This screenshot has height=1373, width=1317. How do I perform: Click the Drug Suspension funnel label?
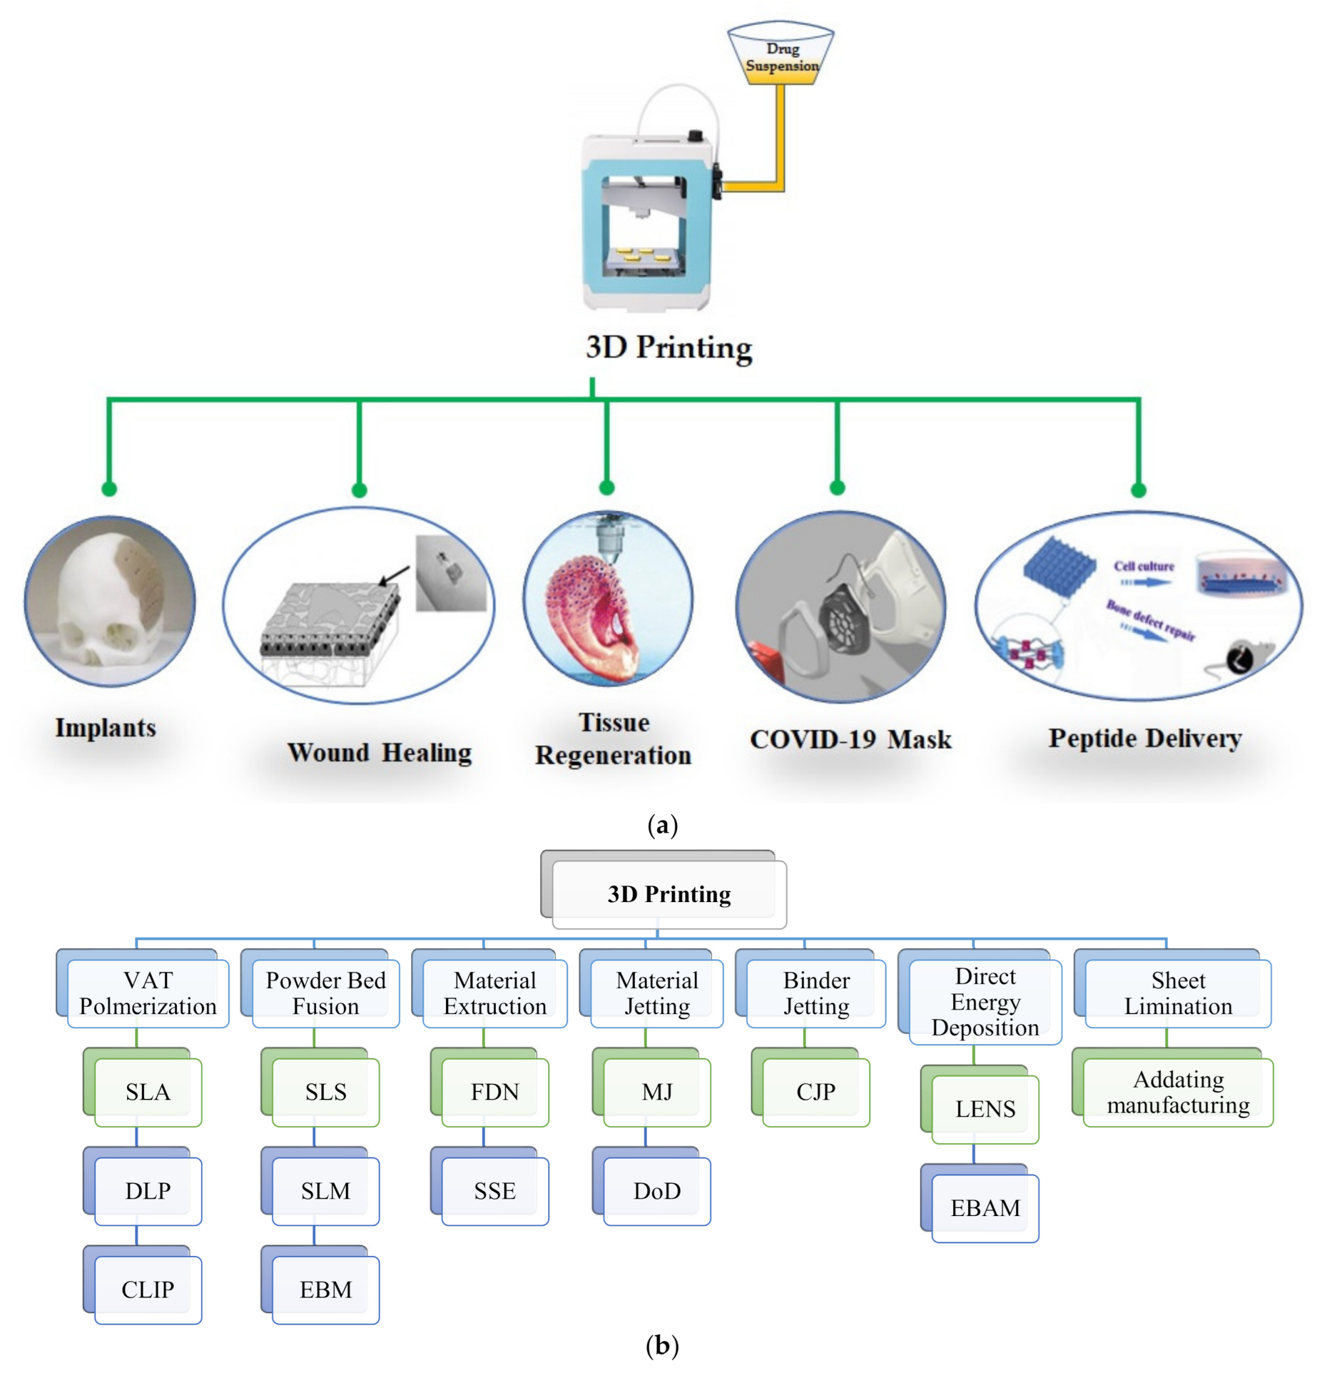click(781, 57)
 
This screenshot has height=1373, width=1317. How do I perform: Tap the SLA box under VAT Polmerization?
click(148, 1091)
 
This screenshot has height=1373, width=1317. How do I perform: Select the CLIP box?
click(148, 1288)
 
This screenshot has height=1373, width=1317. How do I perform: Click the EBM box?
click(325, 1288)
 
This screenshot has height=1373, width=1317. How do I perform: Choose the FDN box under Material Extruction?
click(495, 1091)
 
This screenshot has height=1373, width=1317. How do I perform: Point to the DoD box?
click(657, 1189)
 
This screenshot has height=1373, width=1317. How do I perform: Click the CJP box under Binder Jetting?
click(815, 1091)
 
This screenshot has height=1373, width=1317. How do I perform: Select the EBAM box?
click(984, 1207)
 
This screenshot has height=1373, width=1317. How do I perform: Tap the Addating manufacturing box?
click(1177, 1091)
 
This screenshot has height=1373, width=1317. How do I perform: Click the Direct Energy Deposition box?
click(984, 1001)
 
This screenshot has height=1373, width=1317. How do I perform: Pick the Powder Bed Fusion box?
click(325, 992)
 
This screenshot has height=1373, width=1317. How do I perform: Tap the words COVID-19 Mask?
click(850, 739)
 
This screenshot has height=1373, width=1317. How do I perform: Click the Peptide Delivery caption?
click(1144, 738)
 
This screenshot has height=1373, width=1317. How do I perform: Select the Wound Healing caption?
click(379, 752)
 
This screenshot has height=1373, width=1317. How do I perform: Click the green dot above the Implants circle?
click(108, 488)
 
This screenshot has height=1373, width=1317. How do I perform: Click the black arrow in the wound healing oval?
click(394, 575)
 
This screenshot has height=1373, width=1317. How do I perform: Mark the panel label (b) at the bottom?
click(661, 1344)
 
